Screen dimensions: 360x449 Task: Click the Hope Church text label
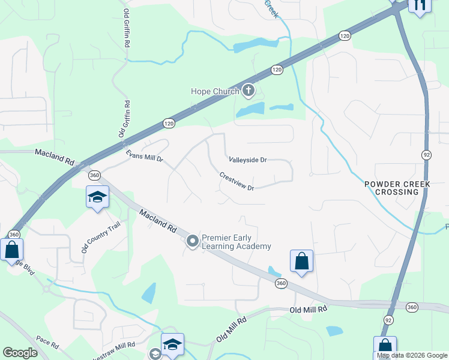pos(214,91)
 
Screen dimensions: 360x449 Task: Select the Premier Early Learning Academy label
pos(236,242)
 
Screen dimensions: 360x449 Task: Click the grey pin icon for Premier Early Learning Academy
pos(193,242)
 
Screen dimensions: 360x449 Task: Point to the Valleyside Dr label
pos(247,160)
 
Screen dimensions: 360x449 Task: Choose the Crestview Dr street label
pos(237,182)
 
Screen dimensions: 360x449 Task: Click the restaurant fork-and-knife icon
pos(419,5)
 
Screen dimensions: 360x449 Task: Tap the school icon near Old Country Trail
pos(97,197)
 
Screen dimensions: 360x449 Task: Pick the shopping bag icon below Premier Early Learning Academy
pos(301,261)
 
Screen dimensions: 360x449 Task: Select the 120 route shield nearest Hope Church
pos(276,70)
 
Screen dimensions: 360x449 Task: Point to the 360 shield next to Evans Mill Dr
pos(94,175)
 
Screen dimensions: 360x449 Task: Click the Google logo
pos(20,353)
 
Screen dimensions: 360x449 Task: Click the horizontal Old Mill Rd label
pos(308,309)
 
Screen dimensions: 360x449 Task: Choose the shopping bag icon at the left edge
pos(11,250)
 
